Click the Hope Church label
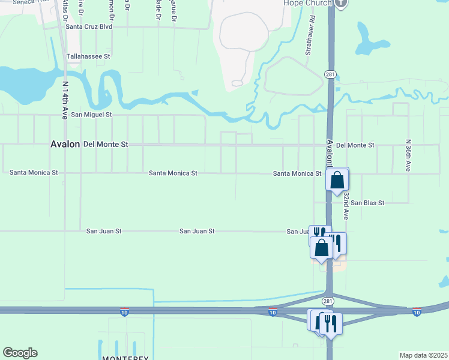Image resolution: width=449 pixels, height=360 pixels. coord(307,3)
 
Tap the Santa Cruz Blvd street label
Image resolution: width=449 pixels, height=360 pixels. coord(89,26)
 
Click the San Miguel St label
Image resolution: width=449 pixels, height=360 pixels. coord(91,114)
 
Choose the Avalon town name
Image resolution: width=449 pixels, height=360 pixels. coord(65,145)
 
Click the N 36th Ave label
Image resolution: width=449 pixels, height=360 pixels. coord(408,155)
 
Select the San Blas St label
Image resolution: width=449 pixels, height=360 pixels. coord(367,203)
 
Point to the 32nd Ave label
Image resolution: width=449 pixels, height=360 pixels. coord(346,204)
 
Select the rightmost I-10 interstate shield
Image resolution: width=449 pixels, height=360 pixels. coord(417,312)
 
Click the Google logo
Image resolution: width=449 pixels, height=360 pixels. coord(20,353)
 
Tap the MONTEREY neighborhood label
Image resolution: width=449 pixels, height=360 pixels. coord(125,358)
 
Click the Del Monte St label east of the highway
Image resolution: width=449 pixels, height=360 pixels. coord(355,145)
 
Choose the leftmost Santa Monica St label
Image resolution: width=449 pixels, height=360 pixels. coord(34,172)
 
